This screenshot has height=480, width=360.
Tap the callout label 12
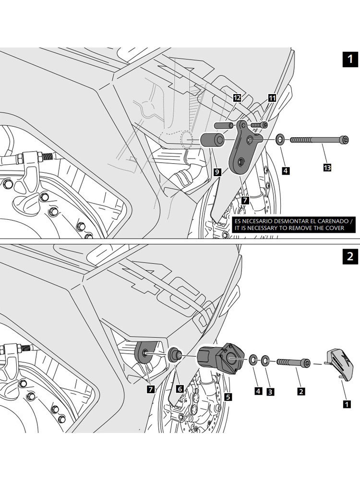pos(237,98)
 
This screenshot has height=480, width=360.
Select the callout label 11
pos(272,98)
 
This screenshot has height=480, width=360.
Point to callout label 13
pos(327,168)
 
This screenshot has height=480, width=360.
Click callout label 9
pos(217,171)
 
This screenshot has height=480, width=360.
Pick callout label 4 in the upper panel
pos(285,170)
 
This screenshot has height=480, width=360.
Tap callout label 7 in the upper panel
pos(245,199)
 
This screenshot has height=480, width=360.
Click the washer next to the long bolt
pos(279,140)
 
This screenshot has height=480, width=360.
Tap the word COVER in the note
pos(334,228)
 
